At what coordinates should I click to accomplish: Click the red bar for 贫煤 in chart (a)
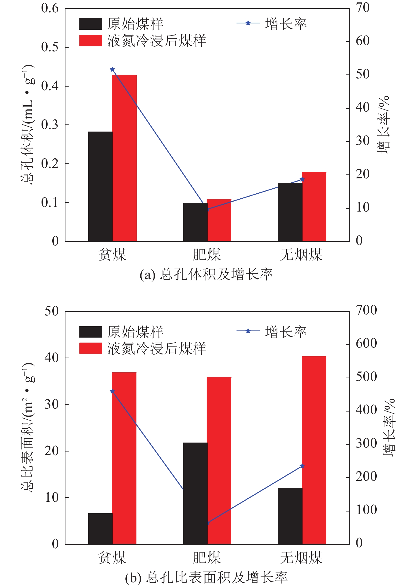tap(124, 158)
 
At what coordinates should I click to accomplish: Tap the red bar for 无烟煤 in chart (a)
tap(314, 207)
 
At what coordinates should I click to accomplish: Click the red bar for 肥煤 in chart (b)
tap(219, 460)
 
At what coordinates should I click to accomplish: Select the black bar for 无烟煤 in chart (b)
tap(290, 516)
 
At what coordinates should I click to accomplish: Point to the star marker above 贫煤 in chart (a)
tap(112, 69)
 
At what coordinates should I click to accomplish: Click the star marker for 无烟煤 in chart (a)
tap(302, 179)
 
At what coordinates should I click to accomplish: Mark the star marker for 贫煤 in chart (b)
tap(112, 391)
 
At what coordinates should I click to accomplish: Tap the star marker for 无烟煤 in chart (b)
tap(302, 466)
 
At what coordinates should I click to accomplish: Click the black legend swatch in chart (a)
tap(90, 24)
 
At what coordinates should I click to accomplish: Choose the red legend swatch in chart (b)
tap(90, 348)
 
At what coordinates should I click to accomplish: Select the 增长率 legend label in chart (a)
tap(286, 24)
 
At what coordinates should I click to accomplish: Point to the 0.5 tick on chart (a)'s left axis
tap(50, 47)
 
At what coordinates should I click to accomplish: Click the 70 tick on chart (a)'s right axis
tap(362, 8)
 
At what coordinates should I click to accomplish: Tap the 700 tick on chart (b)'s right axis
tap(366, 310)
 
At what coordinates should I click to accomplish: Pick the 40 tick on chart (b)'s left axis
tap(52, 358)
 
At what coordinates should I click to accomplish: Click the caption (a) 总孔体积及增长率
tap(206, 275)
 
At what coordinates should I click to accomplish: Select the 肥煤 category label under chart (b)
tap(207, 557)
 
